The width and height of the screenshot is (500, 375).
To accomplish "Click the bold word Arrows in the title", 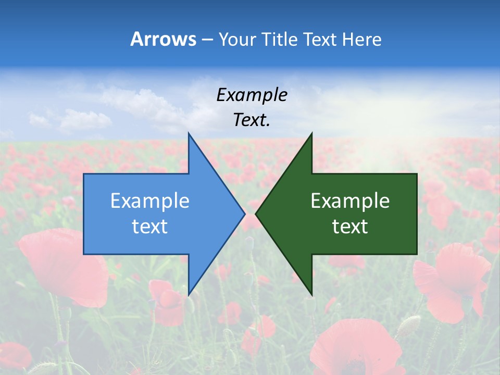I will (162, 39).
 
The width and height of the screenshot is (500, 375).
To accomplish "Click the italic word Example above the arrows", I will (252, 95).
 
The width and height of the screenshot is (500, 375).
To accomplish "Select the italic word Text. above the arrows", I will (252, 120).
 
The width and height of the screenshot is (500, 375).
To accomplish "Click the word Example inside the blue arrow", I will (150, 201).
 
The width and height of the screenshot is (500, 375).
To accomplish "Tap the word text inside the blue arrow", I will (150, 226).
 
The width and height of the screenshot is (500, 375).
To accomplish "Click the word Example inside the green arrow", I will (350, 201).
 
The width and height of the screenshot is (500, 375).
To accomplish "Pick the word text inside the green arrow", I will (350, 226).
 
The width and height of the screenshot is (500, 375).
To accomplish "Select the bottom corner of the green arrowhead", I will (311, 294).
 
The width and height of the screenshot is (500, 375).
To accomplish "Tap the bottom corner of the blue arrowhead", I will (189, 294).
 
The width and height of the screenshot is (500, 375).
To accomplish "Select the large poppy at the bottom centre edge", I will (354, 349).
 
